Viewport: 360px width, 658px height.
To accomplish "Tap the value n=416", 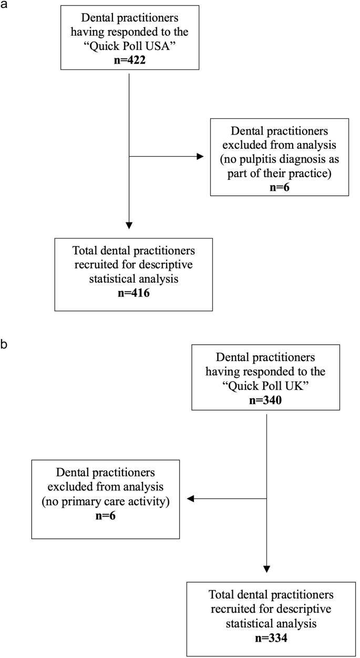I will [x=129, y=293].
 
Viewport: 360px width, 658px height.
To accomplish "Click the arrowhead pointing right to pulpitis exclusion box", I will [x=200, y=156].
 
